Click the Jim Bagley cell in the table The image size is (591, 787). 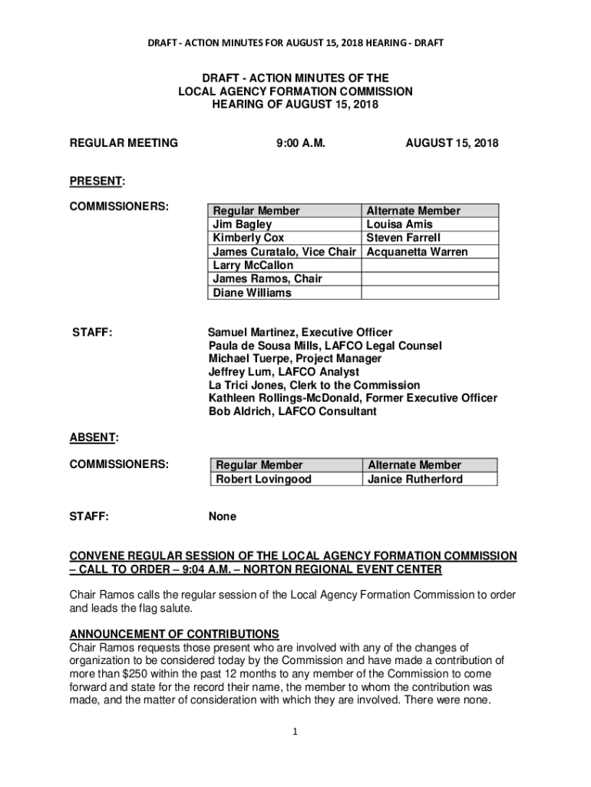(x=242, y=224)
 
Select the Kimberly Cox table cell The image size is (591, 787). (x=248, y=238)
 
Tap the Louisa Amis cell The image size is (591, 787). (x=400, y=224)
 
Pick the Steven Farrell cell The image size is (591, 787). (x=404, y=238)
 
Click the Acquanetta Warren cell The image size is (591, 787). (x=417, y=252)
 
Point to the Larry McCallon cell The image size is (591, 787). (x=253, y=265)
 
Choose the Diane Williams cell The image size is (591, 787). (x=252, y=292)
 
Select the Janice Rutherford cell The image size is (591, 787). (x=415, y=479)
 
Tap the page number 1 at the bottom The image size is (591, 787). (x=295, y=731)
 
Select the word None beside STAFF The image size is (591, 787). (x=222, y=516)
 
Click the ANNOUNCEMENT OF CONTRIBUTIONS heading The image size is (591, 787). (x=174, y=634)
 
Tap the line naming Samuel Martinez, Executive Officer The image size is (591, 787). (x=300, y=332)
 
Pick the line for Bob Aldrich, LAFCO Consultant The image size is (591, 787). (x=292, y=411)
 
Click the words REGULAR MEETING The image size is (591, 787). (x=124, y=143)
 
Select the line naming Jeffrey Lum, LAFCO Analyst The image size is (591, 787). (x=283, y=372)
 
